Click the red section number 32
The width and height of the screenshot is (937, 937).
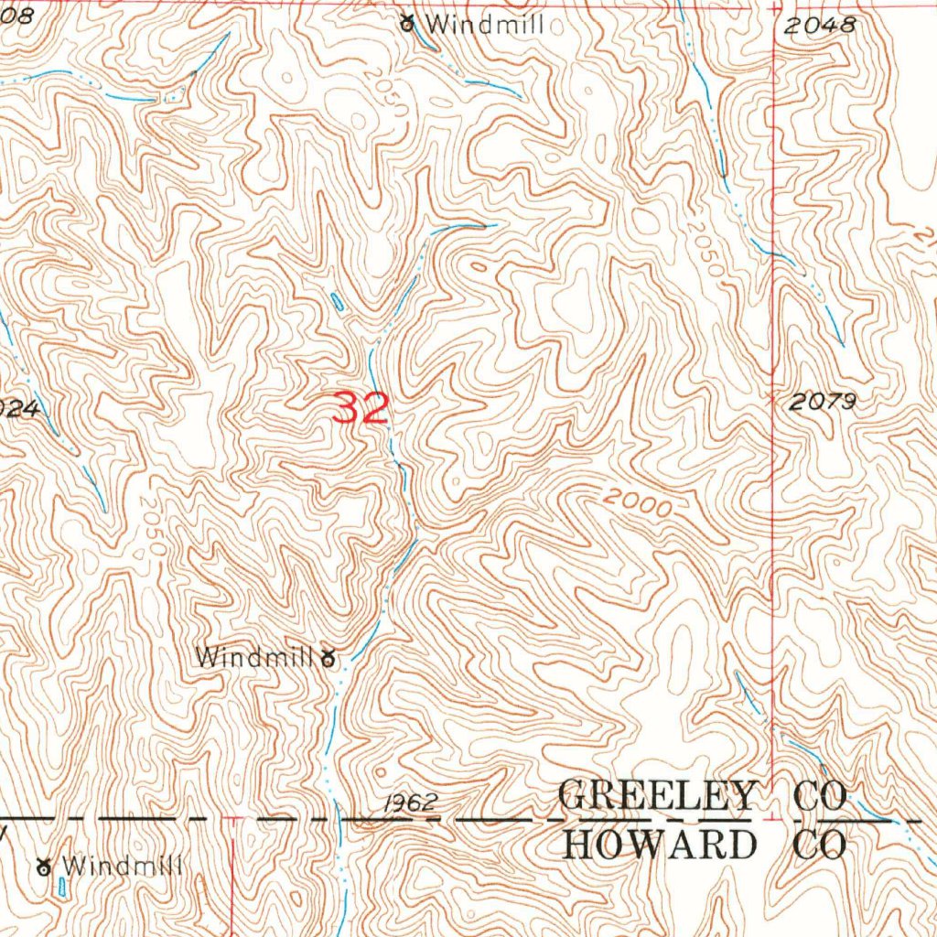[x=361, y=408]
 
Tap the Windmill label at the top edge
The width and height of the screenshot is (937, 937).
[x=485, y=25]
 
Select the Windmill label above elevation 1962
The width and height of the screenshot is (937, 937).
[x=253, y=656]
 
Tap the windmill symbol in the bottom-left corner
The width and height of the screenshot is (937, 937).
[x=43, y=865]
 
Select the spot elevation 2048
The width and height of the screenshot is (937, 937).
[x=820, y=26]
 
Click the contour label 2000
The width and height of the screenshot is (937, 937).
[x=639, y=502]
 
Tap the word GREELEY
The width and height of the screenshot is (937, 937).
[x=657, y=795]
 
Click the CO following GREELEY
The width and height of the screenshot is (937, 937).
[x=820, y=795]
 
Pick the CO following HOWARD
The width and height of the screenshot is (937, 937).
[x=819, y=844]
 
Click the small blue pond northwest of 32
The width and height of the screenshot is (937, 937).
[x=338, y=301]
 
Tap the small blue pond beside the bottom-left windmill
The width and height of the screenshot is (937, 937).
[x=61, y=885]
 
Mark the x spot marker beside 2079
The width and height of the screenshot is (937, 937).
[x=774, y=400]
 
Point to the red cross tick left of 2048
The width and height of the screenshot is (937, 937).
[x=775, y=7]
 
